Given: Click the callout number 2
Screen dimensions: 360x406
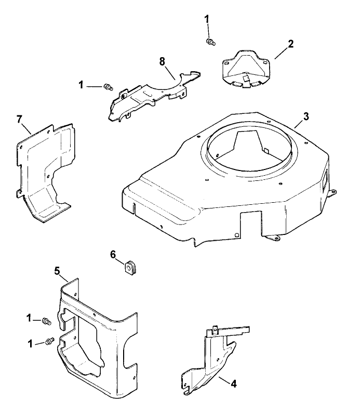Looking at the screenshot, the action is click(x=290, y=44).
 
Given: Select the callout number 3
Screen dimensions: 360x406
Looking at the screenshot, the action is click(x=306, y=116).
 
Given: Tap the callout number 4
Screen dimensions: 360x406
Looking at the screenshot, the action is click(x=233, y=384).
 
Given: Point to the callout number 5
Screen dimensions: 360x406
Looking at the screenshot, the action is click(x=57, y=271).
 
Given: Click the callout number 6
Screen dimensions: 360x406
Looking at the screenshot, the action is click(x=113, y=255).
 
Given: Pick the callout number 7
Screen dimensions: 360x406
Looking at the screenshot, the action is click(x=19, y=120).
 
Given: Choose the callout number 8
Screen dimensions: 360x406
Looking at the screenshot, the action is click(x=162, y=62).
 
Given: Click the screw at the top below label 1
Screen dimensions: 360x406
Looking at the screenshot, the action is click(x=210, y=42).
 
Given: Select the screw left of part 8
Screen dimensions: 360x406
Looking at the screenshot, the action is click(x=108, y=87).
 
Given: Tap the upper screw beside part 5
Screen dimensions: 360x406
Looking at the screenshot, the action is click(x=47, y=321).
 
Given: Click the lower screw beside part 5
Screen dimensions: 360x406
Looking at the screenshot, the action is click(x=49, y=340).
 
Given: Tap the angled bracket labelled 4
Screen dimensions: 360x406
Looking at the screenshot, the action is click(x=211, y=362).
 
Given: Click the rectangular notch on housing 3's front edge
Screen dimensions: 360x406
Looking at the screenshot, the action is click(x=250, y=222).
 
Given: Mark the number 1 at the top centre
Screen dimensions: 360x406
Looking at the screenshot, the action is click(x=207, y=19).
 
